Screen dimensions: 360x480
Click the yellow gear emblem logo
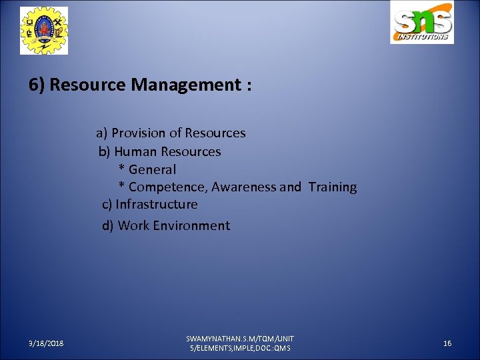tap(44, 30)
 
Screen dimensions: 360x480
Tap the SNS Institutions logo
tap(421, 23)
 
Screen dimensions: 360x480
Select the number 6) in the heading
tap(37, 85)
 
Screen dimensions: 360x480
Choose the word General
tap(152, 170)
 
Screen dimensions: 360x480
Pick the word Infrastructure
tap(157, 204)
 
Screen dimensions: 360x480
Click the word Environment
tap(191, 225)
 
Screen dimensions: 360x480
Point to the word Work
tap(133, 225)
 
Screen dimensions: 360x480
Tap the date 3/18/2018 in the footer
tap(47, 343)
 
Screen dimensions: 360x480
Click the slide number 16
tap(447, 343)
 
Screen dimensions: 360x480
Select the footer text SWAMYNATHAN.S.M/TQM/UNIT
tap(240, 339)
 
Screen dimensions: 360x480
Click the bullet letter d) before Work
tap(108, 225)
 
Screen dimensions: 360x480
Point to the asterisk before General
tap(122, 169)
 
